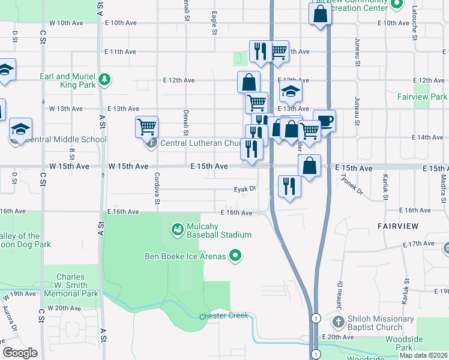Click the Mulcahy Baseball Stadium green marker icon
click(178, 229)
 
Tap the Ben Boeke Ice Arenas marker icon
click(235, 256)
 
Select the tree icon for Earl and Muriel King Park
click(104, 79)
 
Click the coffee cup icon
click(325, 121)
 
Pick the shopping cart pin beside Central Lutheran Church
click(146, 126)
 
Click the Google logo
click(20, 353)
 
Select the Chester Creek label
click(223, 316)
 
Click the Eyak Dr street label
click(244, 188)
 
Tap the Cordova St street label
click(157, 188)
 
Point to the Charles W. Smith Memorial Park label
click(70, 286)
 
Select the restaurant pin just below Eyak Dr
click(289, 185)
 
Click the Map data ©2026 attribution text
click(423, 355)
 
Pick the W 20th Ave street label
click(64, 308)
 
